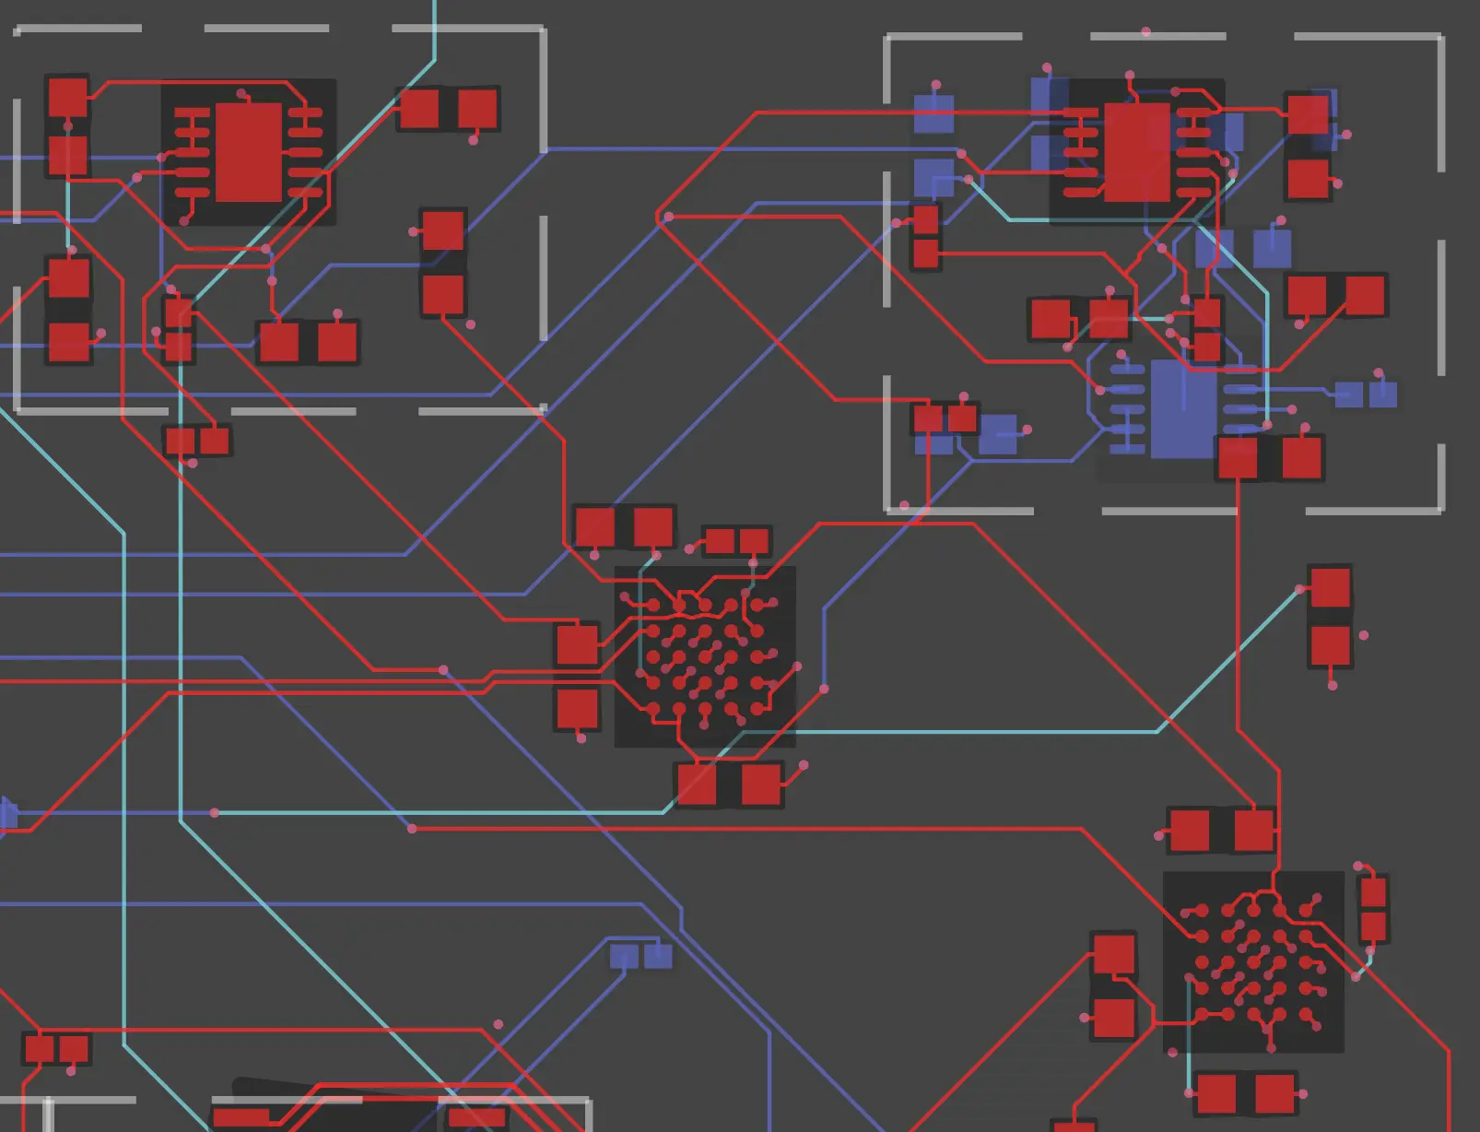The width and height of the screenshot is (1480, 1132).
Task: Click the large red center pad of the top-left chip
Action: (x=248, y=152)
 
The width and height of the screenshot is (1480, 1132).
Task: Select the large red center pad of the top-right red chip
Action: (x=1136, y=152)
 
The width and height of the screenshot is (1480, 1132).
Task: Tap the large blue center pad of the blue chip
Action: (x=1183, y=409)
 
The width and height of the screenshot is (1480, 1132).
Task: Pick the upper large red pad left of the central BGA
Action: (x=578, y=644)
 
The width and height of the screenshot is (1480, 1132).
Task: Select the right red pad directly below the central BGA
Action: (x=760, y=785)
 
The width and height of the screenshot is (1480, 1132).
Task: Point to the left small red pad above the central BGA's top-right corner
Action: (x=719, y=541)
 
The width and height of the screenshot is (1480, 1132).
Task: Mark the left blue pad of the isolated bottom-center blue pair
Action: (x=624, y=956)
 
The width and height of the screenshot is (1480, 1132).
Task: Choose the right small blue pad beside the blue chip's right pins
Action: (x=1382, y=395)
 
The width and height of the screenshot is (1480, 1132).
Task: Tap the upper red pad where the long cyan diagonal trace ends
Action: (x=1330, y=588)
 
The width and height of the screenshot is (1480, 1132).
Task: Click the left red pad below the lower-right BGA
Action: (x=1216, y=1094)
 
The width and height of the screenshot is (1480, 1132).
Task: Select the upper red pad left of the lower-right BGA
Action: (x=1113, y=955)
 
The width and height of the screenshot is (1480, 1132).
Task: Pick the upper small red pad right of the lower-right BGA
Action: (x=1373, y=892)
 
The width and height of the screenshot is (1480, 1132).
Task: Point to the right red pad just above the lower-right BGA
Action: (x=1253, y=830)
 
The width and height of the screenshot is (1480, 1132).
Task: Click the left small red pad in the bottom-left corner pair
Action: (x=40, y=1049)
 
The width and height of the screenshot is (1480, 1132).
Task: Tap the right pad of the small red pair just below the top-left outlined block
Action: (x=215, y=441)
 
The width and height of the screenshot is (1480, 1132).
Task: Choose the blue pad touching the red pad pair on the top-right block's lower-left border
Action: (x=997, y=433)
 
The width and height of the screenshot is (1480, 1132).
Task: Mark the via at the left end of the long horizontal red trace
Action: (x=412, y=829)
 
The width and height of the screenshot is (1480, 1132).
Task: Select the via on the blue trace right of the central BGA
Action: (x=824, y=689)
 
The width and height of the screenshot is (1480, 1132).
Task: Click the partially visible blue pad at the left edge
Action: (x=7, y=815)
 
